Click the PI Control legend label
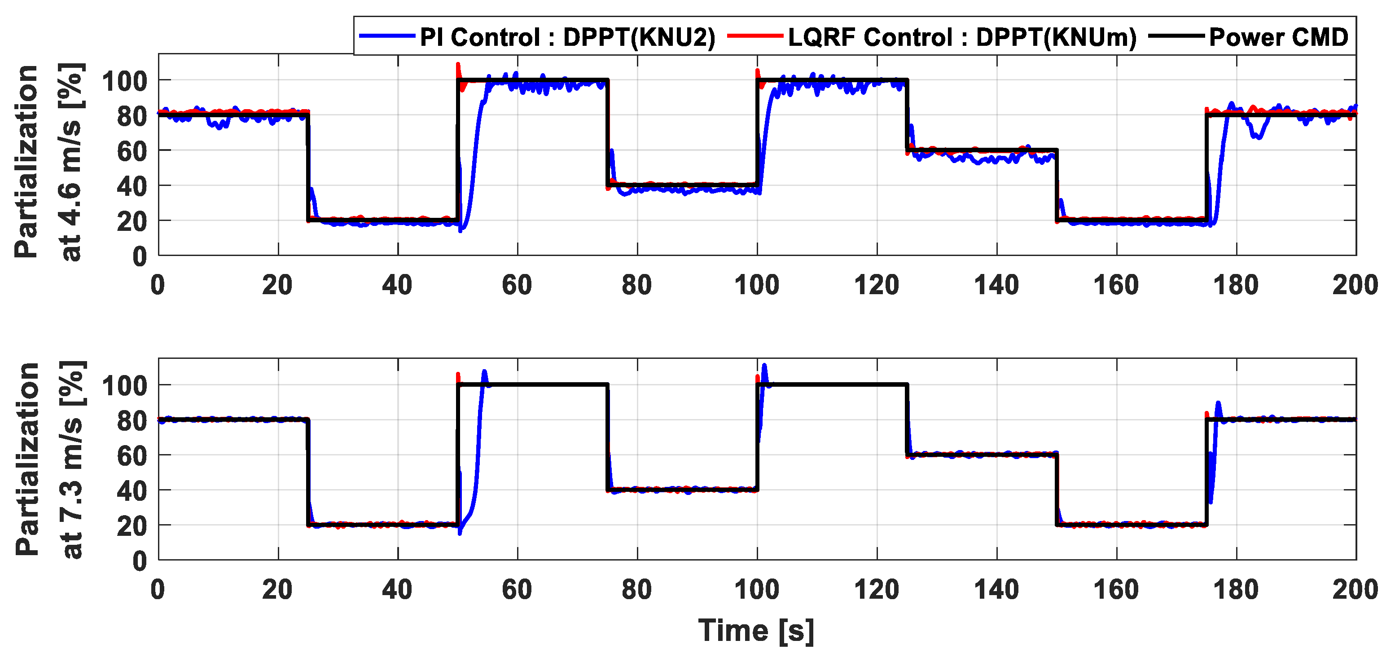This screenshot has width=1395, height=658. [567, 37]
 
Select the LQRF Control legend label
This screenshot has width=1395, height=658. [962, 37]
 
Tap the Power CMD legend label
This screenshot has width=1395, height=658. [1278, 37]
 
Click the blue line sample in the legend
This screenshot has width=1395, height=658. [386, 36]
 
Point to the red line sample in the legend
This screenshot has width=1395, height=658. [755, 36]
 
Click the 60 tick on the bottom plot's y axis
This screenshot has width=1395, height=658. [132, 456]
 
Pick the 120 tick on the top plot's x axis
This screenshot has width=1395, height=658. [876, 285]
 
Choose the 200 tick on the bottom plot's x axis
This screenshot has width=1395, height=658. [1355, 590]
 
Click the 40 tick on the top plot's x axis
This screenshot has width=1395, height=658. [398, 285]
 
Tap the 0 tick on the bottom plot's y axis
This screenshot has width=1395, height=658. [140, 561]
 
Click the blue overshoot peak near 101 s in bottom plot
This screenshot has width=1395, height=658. [764, 366]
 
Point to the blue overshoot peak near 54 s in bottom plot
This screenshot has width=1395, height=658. [484, 372]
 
